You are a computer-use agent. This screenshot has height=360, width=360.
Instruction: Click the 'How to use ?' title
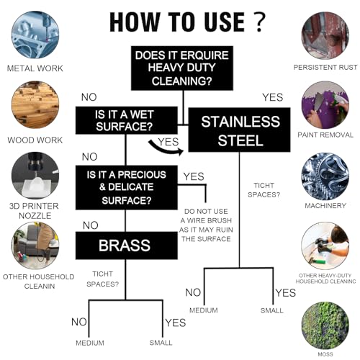187,22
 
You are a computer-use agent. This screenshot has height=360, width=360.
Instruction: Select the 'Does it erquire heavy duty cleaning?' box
182,68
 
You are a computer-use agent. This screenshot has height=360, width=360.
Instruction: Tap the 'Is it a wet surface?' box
127,120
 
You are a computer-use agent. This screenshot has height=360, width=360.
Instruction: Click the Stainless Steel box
239,130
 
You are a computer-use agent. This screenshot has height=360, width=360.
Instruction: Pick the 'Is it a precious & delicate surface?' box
127,187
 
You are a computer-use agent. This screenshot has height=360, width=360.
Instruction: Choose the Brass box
127,246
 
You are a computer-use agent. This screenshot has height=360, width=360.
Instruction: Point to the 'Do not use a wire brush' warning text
206,225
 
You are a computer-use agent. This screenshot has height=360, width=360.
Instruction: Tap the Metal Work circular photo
35,35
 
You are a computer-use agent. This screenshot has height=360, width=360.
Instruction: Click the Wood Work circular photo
35,104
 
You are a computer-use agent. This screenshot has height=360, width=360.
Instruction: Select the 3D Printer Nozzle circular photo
35,176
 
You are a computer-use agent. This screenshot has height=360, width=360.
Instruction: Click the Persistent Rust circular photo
325,35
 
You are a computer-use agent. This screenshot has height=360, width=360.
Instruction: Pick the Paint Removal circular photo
325,105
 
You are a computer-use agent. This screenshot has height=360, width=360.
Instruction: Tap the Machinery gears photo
325,176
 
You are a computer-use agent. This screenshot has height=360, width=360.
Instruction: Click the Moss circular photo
325,326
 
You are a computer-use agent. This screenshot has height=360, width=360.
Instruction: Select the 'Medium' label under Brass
90,343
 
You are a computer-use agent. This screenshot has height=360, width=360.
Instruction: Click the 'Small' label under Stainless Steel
272,310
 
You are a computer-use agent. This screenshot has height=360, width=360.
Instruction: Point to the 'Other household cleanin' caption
39,282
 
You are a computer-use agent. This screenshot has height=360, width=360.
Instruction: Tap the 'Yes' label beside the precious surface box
194,176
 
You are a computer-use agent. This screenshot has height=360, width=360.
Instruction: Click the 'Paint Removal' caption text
325,135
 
